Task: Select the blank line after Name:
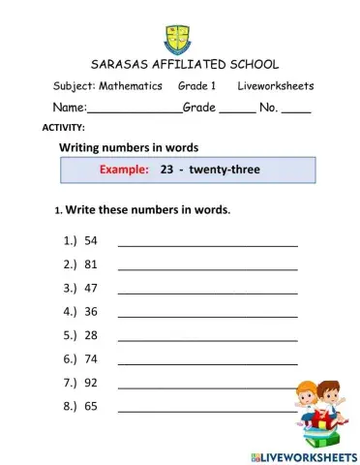tap(135, 110)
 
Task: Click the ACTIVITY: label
tap(64, 128)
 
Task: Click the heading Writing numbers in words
tap(130, 147)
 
